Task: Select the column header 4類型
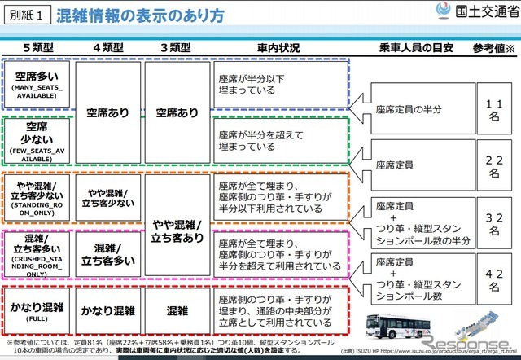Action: point(108,47)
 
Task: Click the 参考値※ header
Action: point(491,47)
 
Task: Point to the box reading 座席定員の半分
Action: point(411,110)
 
